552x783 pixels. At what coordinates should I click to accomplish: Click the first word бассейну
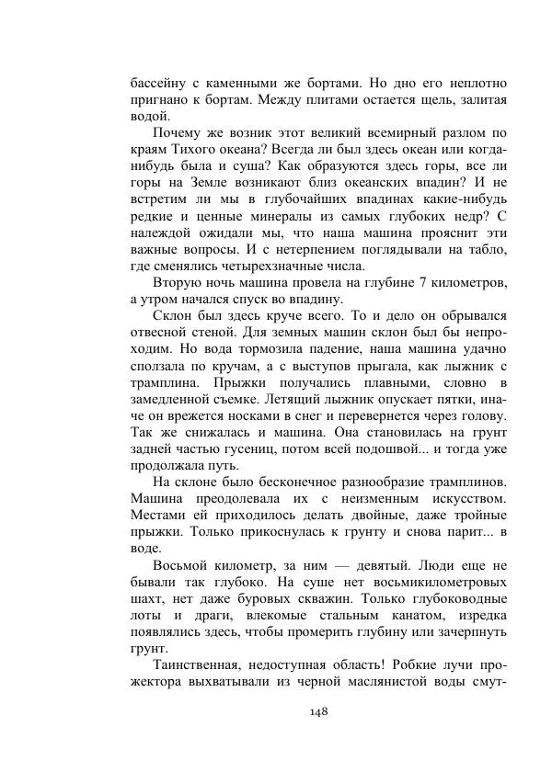(160, 82)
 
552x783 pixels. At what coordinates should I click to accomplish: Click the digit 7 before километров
(420, 282)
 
